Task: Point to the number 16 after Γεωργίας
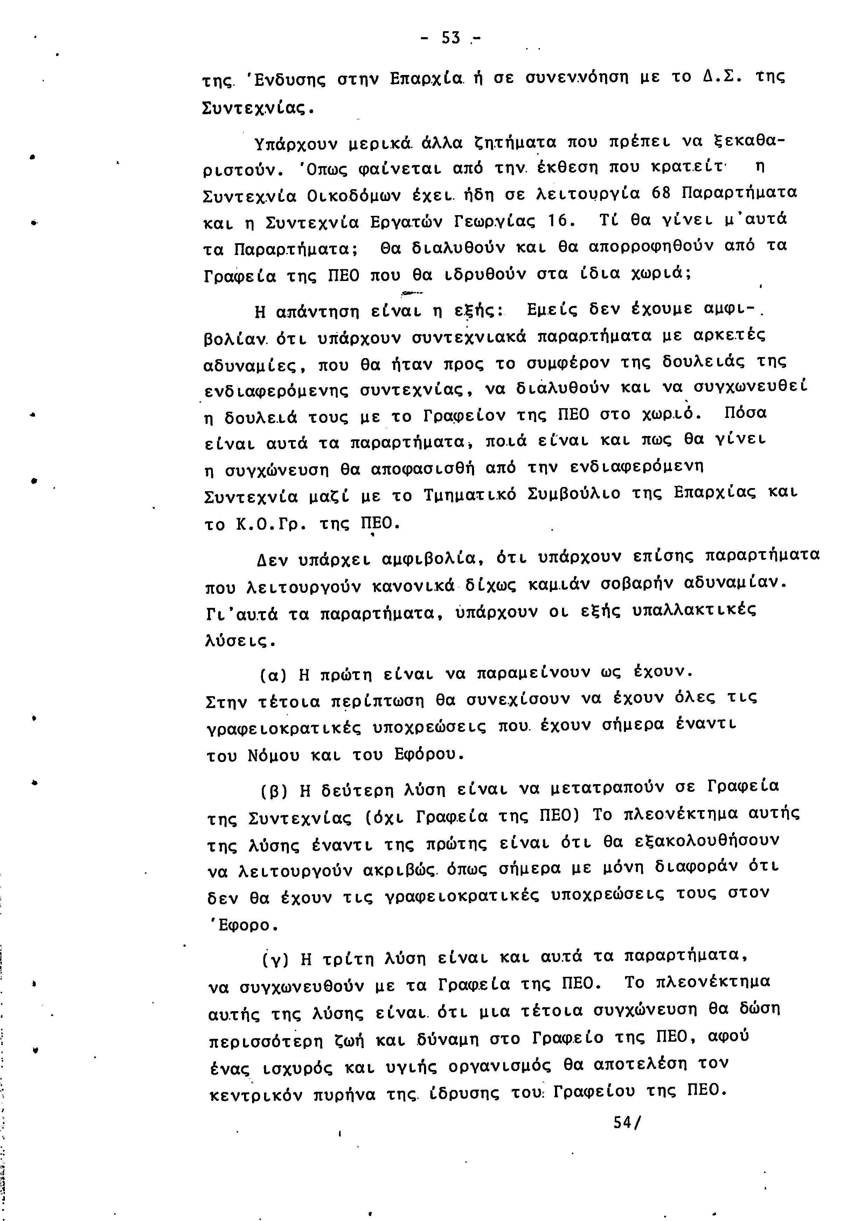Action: coord(558,219)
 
